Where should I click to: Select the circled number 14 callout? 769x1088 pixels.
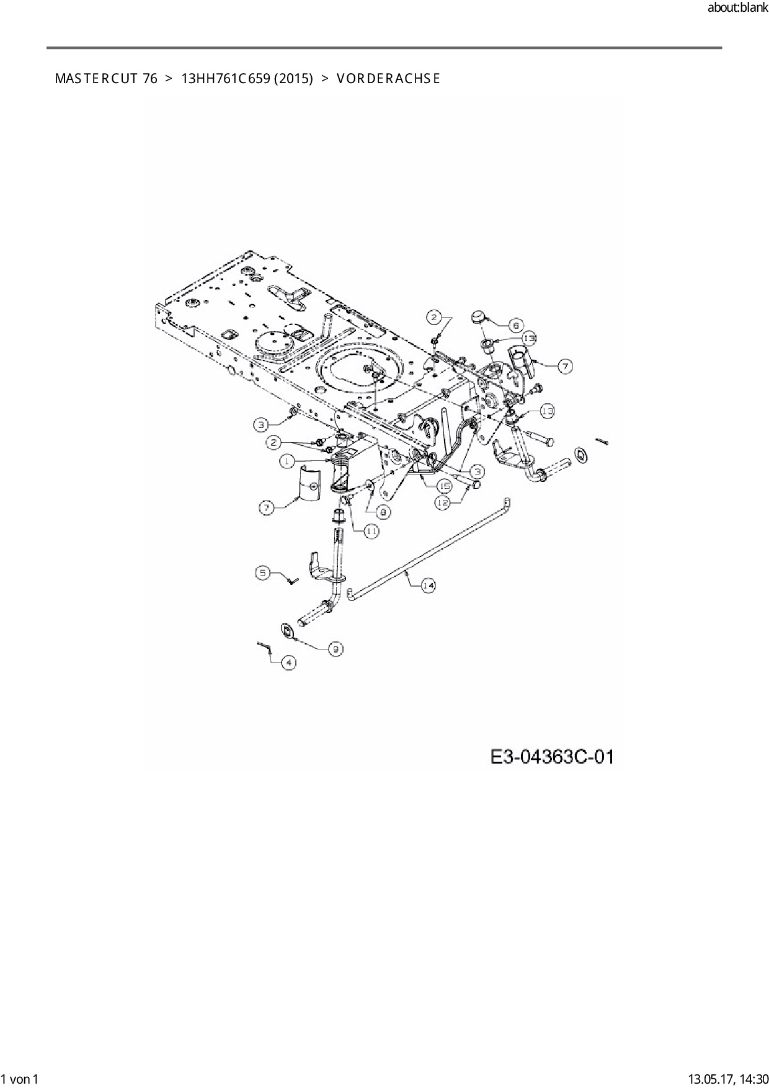click(x=429, y=585)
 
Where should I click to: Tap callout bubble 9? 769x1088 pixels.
click(x=334, y=649)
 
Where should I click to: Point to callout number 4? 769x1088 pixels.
click(x=288, y=662)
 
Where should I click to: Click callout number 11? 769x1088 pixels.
click(x=371, y=531)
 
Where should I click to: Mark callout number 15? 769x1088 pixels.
click(x=445, y=486)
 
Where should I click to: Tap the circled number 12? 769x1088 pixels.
click(x=442, y=504)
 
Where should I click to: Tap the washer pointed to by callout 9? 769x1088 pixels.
click(x=287, y=630)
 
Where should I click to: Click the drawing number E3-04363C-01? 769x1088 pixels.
click(x=552, y=757)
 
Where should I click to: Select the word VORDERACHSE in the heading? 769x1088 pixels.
click(x=388, y=79)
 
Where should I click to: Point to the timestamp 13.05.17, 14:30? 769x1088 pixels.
click(x=729, y=1079)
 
